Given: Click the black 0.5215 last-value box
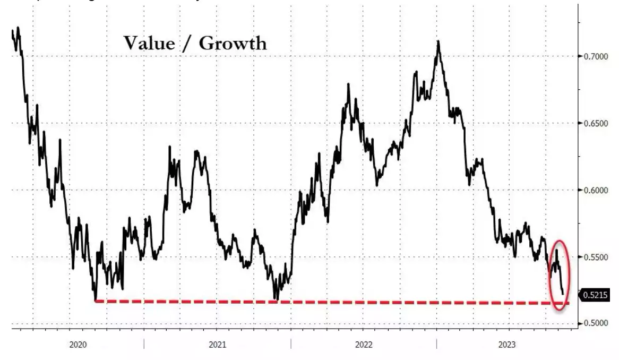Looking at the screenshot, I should [x=595, y=294].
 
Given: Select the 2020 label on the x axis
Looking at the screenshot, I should [x=78, y=345].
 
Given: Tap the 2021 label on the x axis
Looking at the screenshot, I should [x=217, y=345].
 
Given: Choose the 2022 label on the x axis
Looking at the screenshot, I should [x=364, y=345].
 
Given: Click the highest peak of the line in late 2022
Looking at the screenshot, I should [x=439, y=41].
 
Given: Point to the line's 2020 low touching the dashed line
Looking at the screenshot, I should [x=95, y=300].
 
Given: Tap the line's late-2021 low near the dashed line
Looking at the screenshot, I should [x=276, y=299].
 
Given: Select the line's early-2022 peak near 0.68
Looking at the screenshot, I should [x=348, y=84].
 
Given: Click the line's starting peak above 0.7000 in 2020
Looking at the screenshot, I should [x=19, y=28].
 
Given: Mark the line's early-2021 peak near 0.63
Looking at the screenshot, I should [x=170, y=147].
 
